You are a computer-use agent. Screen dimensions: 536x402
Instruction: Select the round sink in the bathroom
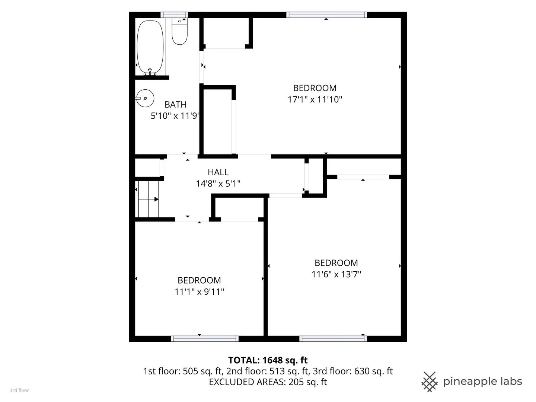(x=145, y=98)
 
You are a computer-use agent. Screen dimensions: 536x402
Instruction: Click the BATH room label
(x=175, y=105)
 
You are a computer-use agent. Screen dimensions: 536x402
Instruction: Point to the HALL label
(x=218, y=172)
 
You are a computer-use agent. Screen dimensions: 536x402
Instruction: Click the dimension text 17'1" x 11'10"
(x=315, y=100)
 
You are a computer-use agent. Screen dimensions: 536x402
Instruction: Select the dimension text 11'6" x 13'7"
(x=336, y=274)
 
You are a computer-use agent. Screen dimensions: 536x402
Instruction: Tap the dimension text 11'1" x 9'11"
(x=199, y=292)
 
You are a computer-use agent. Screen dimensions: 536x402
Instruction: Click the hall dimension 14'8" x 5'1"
(x=218, y=184)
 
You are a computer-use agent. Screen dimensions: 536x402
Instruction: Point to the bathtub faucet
(x=150, y=72)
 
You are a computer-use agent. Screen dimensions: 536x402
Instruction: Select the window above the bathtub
(x=174, y=15)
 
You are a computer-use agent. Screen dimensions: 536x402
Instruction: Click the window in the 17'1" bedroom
(x=326, y=15)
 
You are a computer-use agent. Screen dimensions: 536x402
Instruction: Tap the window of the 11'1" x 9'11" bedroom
(x=205, y=339)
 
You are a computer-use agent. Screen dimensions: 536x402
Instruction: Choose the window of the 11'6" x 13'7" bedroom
(x=333, y=339)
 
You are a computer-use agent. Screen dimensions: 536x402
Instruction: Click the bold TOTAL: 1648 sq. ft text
(x=268, y=360)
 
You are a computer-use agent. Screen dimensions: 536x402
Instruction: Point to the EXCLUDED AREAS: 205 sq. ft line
(x=268, y=382)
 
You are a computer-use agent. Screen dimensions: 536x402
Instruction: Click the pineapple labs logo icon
(x=429, y=382)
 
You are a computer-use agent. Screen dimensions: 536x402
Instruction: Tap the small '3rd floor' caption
(x=19, y=390)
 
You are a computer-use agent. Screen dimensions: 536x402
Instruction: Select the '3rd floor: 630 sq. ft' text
(x=352, y=371)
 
